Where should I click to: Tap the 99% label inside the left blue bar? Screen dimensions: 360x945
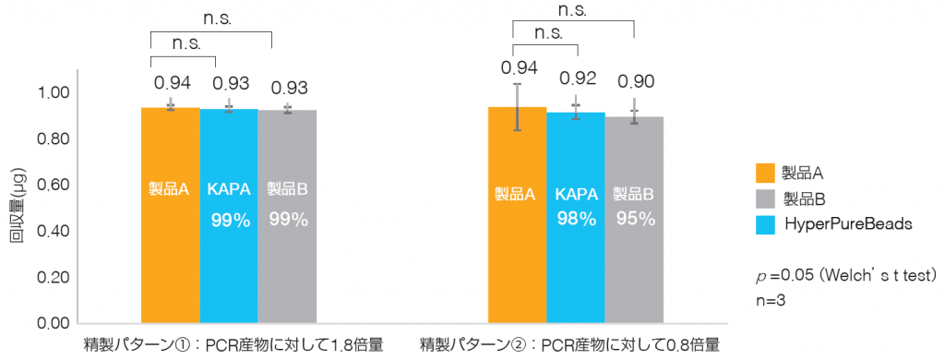(x=230, y=220)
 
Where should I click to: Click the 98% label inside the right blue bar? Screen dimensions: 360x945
(x=577, y=219)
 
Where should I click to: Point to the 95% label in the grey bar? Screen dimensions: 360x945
(x=635, y=219)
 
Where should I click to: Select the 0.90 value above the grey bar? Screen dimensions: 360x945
(x=635, y=80)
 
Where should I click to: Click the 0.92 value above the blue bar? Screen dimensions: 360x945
(x=577, y=78)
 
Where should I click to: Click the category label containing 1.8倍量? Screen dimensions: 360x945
(x=230, y=346)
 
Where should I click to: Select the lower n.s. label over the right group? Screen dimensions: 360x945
(x=548, y=32)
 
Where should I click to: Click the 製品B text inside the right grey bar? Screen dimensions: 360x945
(x=635, y=194)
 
